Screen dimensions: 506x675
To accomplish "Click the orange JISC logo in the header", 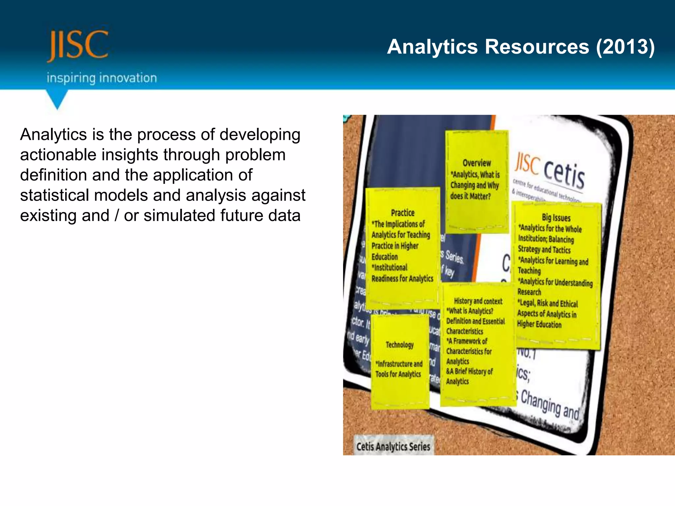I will pos(78,45).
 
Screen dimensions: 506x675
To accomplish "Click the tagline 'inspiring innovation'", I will pos(102,78).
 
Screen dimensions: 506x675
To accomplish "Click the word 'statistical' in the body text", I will pos(54,195).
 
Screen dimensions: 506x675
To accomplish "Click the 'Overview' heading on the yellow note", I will pos(477,163).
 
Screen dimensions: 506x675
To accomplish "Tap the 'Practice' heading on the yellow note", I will pos(402,213).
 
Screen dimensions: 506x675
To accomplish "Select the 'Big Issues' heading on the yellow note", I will pos(556,217).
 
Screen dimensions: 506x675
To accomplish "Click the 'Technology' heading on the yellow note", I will pos(399,345).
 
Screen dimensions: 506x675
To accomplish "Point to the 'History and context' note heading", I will pos(478,301).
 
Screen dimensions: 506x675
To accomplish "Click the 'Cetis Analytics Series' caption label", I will pos(393,447).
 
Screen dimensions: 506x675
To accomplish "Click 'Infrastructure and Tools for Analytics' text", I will pos(398,369).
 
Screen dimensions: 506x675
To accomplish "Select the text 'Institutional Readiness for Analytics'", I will pos(402,273).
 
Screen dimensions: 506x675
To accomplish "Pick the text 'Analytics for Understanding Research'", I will pos(554,287).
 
